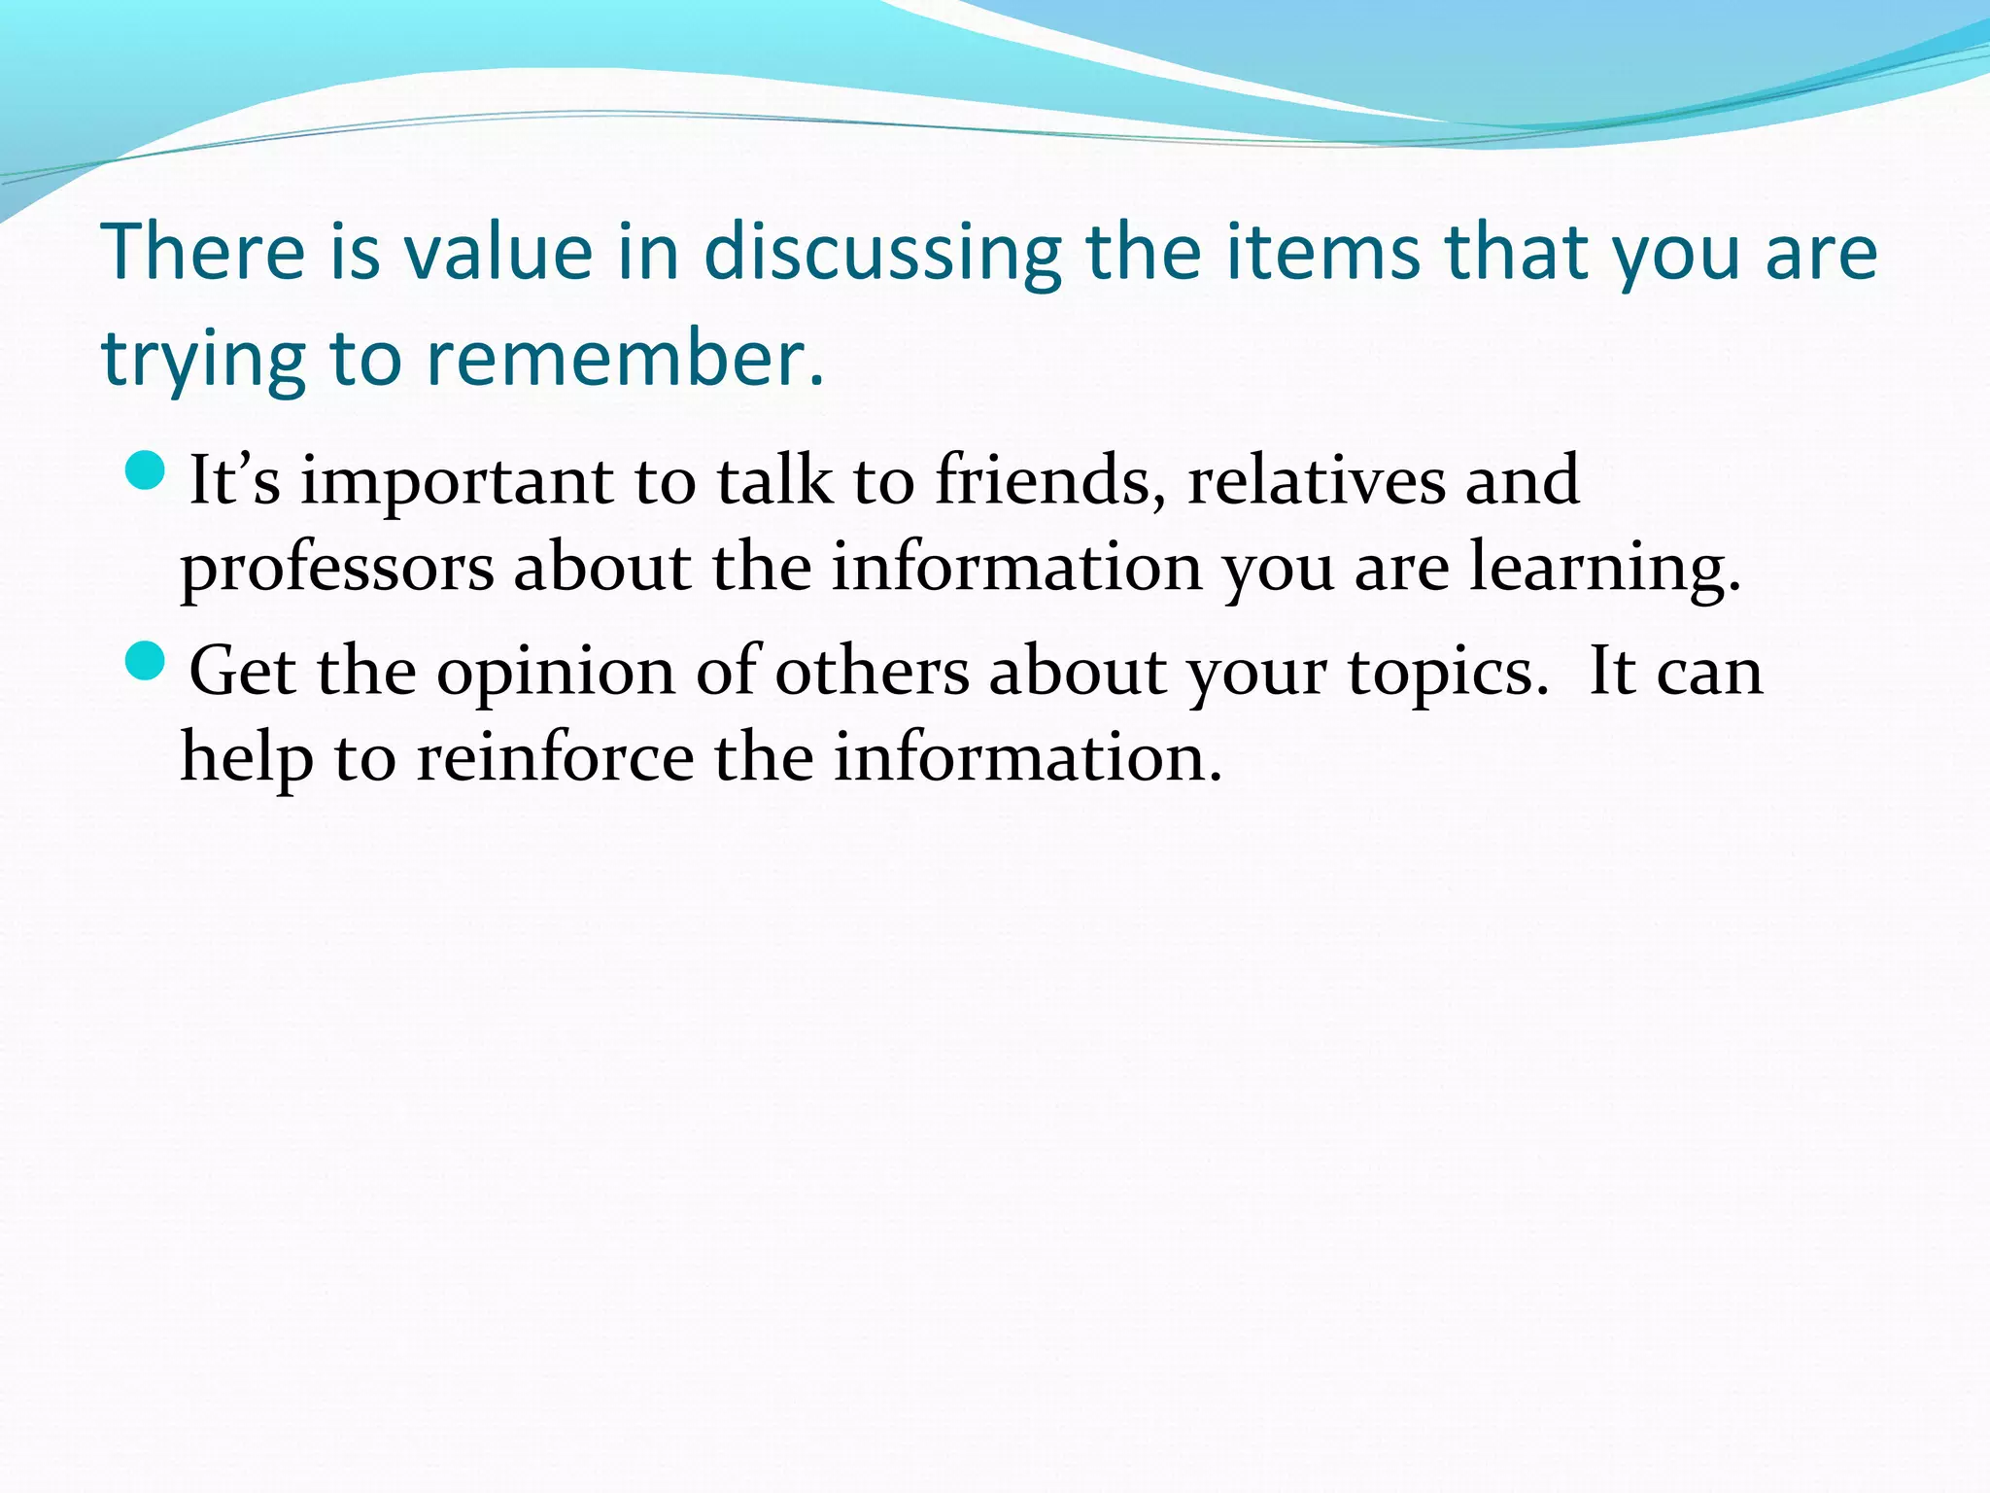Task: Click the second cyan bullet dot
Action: point(147,661)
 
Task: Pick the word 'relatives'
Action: point(1316,480)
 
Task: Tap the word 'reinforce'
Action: point(555,758)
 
